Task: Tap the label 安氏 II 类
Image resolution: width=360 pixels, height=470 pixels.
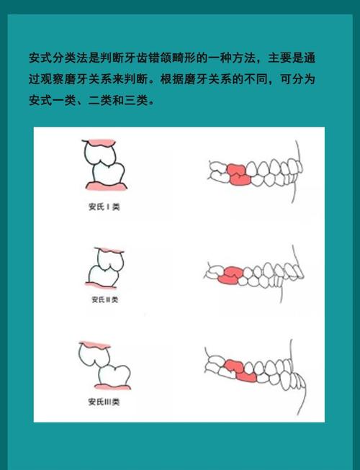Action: click(x=104, y=299)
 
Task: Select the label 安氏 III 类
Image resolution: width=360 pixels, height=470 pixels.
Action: click(x=104, y=402)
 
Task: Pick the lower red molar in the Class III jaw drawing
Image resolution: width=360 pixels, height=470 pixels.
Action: click(x=245, y=374)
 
